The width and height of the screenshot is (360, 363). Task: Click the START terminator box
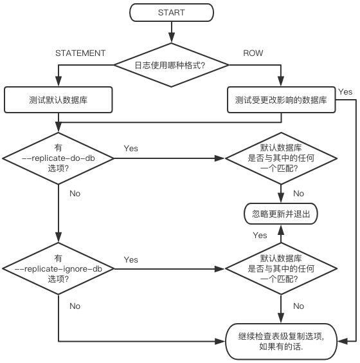172,12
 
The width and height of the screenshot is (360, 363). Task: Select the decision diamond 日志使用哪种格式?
172,65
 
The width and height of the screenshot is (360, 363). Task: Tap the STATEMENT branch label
80,53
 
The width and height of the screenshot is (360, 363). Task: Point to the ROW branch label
253,53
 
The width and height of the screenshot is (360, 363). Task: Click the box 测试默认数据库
59,100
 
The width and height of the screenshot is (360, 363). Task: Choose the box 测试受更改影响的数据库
281,100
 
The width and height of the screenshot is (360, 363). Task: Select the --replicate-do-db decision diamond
59,158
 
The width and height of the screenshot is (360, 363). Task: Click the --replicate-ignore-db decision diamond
59,269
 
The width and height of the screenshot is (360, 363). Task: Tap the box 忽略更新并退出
281,214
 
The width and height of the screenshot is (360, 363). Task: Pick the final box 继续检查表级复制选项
281,341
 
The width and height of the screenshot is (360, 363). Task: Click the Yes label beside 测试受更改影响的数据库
345,92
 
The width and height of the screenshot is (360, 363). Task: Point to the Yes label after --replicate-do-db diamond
131,149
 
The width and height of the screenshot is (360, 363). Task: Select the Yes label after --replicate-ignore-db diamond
131,260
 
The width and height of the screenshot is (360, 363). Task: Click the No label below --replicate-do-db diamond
75,194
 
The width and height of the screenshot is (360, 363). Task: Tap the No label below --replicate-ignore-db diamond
75,306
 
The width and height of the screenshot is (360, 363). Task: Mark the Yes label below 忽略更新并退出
260,236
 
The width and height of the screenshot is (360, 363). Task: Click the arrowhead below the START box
172,38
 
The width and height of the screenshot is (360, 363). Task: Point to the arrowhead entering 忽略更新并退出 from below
281,230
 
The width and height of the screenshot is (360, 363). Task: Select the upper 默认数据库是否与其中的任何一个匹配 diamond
281,158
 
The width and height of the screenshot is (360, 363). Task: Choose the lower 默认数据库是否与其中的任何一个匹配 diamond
281,269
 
